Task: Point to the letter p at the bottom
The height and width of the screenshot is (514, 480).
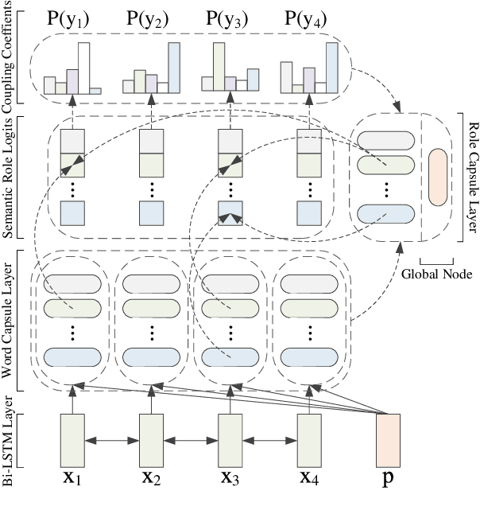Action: coord(388,481)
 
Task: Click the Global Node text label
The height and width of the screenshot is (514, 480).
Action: coord(435,274)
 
